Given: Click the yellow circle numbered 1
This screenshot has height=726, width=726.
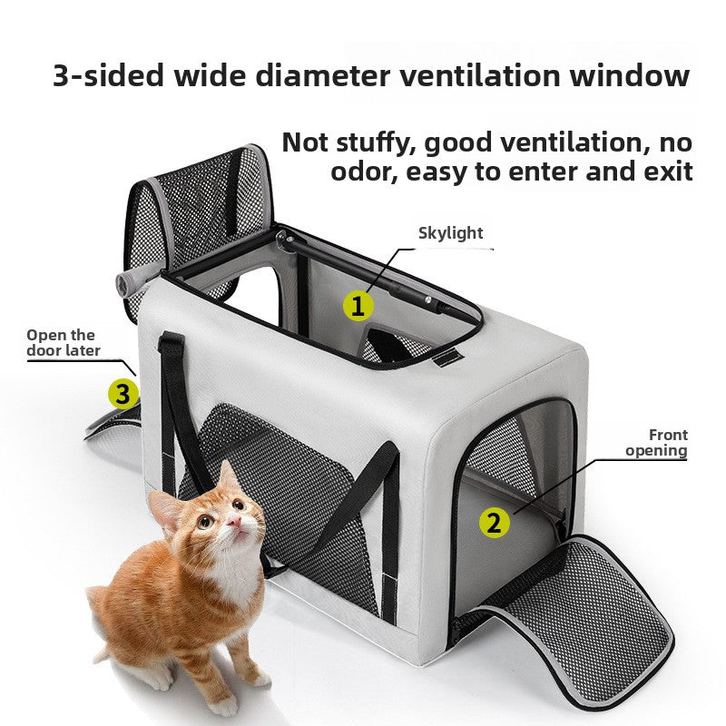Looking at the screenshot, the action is coord(358,306).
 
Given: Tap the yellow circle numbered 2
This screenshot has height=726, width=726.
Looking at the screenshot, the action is coord(494,523).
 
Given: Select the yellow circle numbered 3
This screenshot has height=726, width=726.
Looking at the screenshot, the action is coord(123,394).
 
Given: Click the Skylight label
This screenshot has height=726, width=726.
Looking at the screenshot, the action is coord(450,233).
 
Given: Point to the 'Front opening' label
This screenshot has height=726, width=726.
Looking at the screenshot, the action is coord(656,443).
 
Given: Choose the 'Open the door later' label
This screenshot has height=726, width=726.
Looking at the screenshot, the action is coord(64,343).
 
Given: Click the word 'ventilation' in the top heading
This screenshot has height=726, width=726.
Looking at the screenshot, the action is coord(480,75).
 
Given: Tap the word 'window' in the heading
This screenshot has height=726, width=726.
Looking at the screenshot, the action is coord(630,75).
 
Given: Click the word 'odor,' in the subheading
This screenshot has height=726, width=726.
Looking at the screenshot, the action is coord(364,172).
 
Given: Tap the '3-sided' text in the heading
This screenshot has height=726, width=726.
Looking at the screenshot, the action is coord(109,75).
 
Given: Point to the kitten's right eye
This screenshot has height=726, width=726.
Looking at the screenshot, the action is coord(204,522).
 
